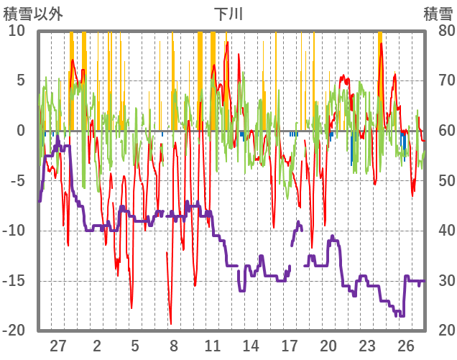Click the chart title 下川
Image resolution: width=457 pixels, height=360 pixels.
click(x=228, y=14)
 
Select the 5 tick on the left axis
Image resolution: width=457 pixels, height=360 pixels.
click(x=21, y=80)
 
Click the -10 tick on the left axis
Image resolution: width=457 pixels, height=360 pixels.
click(x=15, y=231)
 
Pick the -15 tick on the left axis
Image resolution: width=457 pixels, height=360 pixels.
click(x=15, y=280)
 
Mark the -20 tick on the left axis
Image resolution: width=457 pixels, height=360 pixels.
click(x=15, y=331)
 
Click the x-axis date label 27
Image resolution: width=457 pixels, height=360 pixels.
click(x=58, y=345)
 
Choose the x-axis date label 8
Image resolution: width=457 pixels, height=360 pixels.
click(x=174, y=345)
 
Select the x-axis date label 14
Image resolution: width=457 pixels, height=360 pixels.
click(x=251, y=345)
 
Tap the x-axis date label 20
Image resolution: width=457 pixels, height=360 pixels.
click(x=328, y=345)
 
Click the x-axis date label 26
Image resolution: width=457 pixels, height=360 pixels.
click(x=406, y=345)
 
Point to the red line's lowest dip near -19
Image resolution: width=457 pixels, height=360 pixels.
click(x=170, y=323)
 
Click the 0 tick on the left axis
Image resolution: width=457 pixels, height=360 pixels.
click(x=21, y=131)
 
